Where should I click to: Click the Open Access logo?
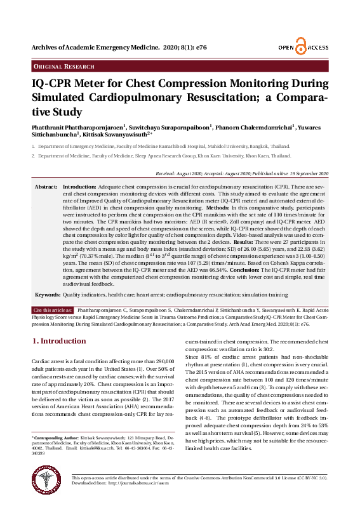302,48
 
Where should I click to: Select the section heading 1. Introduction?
58,341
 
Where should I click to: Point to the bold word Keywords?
48,295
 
